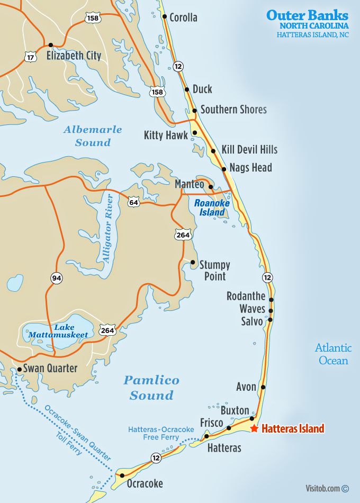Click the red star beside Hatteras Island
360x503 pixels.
[x=255, y=428]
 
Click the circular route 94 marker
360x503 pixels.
[x=56, y=277]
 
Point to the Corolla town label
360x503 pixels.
[x=183, y=17]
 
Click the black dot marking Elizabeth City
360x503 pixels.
[x=51, y=45]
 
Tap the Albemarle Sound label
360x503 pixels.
[x=93, y=136]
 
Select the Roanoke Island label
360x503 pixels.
[x=209, y=207]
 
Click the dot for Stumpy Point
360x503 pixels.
[x=193, y=262]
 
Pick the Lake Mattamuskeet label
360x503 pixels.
[x=55, y=331]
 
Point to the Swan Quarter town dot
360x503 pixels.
[x=20, y=369]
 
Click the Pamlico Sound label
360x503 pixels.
[x=151, y=388]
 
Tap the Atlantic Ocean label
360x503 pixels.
[x=334, y=354]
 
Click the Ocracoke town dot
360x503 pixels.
[x=122, y=475]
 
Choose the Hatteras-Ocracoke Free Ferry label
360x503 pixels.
[x=160, y=433]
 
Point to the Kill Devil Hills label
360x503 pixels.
[x=249, y=150]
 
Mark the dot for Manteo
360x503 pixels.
[x=211, y=186]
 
